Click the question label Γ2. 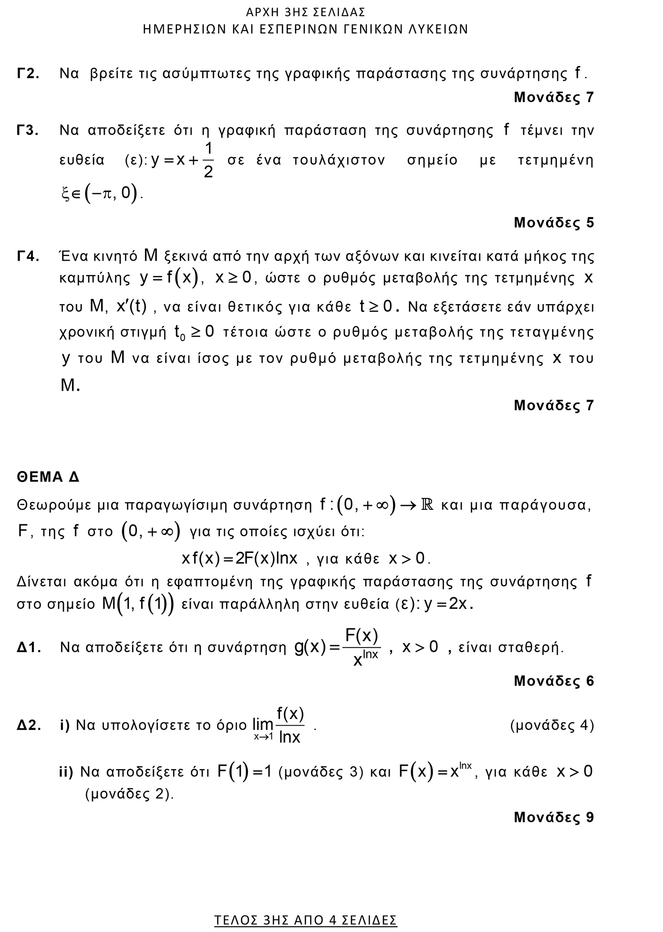(x=28, y=74)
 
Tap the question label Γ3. (x=28, y=130)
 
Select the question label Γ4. (x=28, y=256)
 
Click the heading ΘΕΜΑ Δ (x=48, y=477)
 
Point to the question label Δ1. (x=29, y=647)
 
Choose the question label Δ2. (x=29, y=725)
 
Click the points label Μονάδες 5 (x=554, y=222)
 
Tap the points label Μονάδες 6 (x=554, y=681)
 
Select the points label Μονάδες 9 (x=554, y=817)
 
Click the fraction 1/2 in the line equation (x=208, y=160)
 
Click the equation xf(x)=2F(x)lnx (x=239, y=558)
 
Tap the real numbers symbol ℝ (x=427, y=505)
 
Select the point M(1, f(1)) (x=137, y=604)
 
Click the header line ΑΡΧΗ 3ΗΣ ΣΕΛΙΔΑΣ (x=306, y=12)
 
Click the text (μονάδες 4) (x=552, y=725)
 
